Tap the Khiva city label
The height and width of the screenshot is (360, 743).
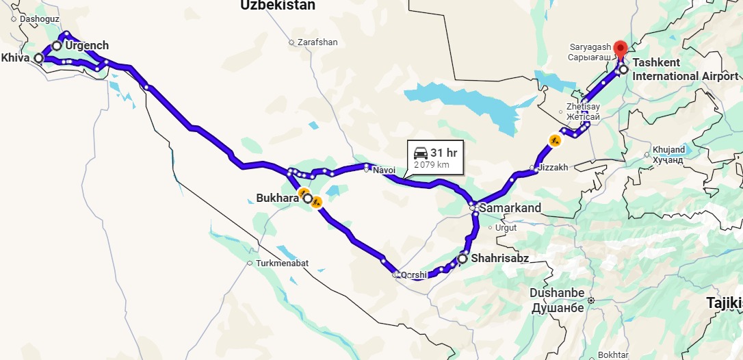tap(16, 58)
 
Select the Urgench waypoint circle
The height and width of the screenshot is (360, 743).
tap(57, 46)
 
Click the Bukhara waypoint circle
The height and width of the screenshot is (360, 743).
tap(308, 199)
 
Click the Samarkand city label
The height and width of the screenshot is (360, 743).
tap(510, 207)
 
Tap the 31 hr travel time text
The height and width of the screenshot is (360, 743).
tap(443, 153)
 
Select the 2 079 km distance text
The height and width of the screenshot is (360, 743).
tap(432, 165)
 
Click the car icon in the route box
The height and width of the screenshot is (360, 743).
tap(421, 153)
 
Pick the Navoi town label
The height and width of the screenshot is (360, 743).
tap(384, 169)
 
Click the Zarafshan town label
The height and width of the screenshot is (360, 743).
tap(317, 42)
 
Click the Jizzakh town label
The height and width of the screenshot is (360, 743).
tap(553, 168)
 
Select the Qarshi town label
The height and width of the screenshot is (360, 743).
tap(413, 275)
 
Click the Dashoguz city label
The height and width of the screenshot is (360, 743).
tap(40, 18)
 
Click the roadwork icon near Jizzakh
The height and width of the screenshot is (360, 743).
tap(554, 140)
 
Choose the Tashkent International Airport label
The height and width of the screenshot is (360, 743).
tap(685, 69)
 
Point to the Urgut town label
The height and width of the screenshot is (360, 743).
tap(506, 227)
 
